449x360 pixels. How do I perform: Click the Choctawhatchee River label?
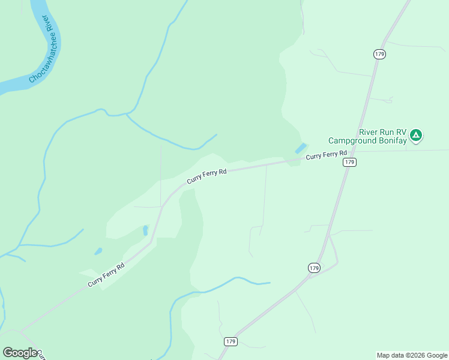coord(42,49)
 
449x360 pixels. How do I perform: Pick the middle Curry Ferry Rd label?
coord(206,176)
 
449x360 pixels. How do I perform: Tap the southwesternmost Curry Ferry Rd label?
coord(106,275)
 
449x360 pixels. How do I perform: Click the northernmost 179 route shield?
coord(379,54)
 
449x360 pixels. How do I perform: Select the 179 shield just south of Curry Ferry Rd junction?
coord(350,163)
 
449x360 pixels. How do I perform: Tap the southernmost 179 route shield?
coord(231,341)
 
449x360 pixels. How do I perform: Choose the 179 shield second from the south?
coord(314,268)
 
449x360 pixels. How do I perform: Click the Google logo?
coord(20,353)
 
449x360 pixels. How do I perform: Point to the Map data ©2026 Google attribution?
coord(412,355)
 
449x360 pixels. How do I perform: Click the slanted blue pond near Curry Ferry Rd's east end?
coord(300,148)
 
